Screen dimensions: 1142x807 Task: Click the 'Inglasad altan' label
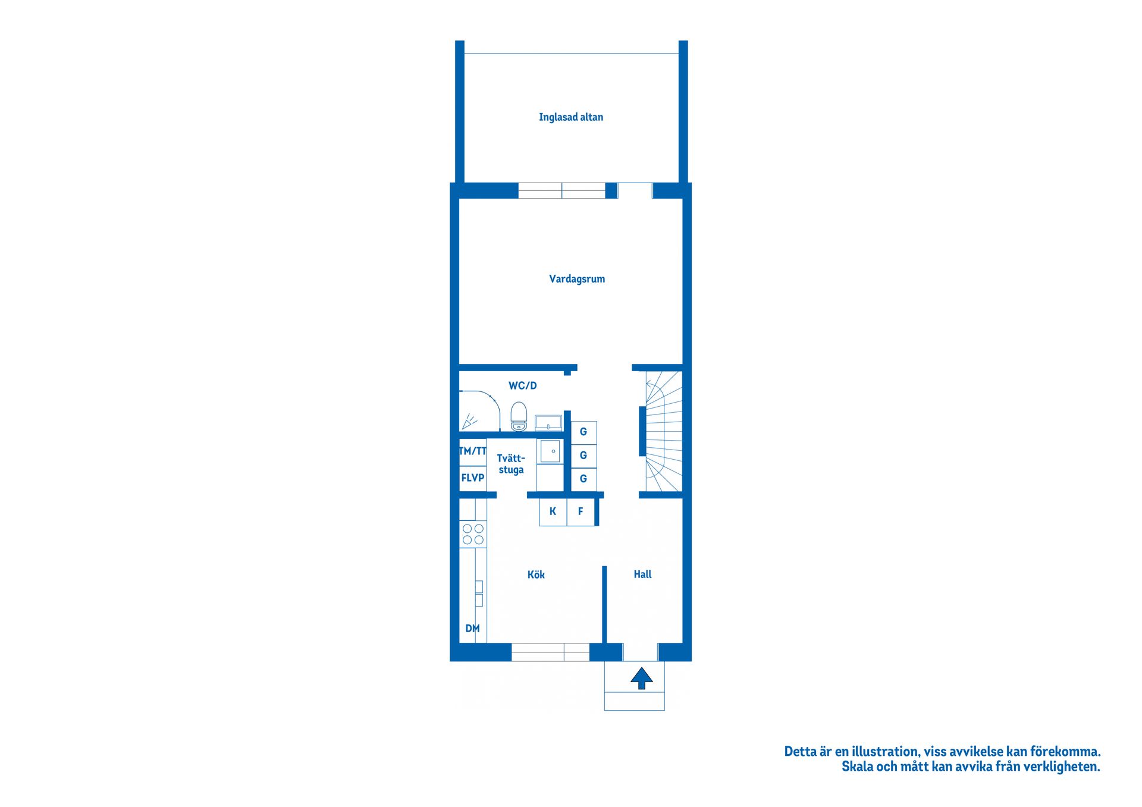(571, 117)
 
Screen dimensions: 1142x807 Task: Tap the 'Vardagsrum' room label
(577, 279)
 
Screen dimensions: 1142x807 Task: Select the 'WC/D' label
(523, 385)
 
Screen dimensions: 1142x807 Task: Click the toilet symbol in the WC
(519, 416)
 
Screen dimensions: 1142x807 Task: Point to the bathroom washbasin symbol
(548, 423)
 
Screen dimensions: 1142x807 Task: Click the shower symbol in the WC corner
(469, 421)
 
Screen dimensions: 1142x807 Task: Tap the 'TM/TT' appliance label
(473, 451)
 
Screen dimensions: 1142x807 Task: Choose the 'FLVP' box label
(473, 478)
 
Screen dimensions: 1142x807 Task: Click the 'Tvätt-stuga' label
(511, 464)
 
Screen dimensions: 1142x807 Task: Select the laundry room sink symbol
(550, 451)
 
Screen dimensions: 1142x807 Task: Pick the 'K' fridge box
(553, 512)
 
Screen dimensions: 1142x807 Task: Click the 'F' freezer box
(581, 512)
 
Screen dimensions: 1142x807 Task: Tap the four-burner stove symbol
(473, 534)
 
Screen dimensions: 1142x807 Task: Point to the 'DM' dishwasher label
(472, 629)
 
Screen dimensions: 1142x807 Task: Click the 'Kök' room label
(536, 574)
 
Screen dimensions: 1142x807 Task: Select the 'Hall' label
(642, 574)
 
